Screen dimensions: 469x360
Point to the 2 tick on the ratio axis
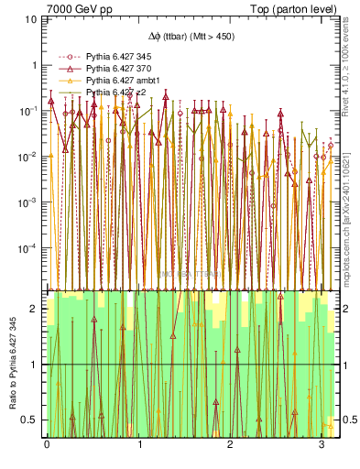coord(34,309)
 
